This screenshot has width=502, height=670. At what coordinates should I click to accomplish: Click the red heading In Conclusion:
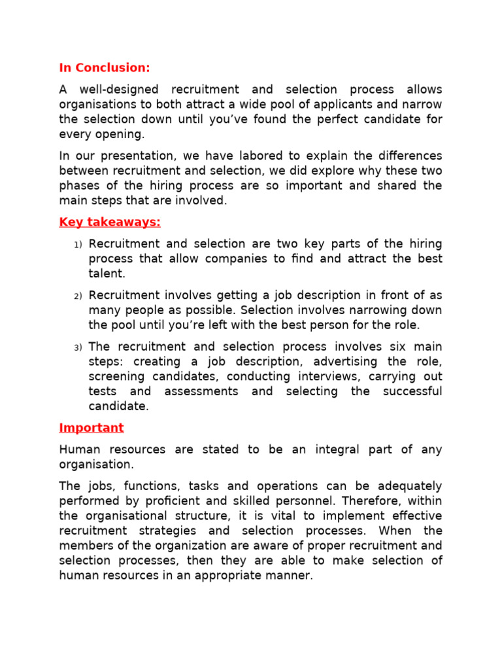click(105, 67)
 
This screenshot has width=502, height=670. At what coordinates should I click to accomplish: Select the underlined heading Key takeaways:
click(110, 222)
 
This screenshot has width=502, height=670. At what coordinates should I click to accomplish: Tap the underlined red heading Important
click(91, 427)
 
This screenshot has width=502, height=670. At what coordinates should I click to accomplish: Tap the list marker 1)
click(77, 245)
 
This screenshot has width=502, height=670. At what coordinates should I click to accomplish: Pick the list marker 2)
click(77, 296)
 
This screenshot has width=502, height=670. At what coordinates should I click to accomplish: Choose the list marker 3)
click(77, 347)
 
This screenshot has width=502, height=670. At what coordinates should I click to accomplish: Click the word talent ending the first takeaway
click(106, 273)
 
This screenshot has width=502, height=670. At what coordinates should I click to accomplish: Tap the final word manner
click(292, 576)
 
